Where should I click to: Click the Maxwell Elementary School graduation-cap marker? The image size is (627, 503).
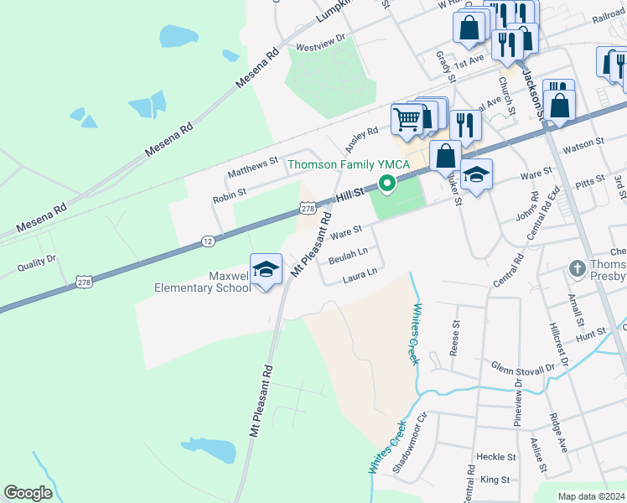coord(266,269)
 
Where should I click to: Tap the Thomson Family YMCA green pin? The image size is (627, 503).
coord(386,184)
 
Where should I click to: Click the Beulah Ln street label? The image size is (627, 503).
coord(348,252)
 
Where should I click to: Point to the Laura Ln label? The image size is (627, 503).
coord(360,272)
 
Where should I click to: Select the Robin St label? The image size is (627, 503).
coord(229,193)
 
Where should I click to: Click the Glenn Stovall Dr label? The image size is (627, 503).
coord(523,368)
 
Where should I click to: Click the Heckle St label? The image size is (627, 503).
coord(495,457)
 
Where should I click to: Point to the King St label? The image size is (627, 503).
coord(495,480)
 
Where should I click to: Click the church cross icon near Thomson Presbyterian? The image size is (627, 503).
coord(577,269)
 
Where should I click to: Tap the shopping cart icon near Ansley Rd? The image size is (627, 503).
coord(407,118)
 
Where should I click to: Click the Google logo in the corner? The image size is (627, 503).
coord(28,493)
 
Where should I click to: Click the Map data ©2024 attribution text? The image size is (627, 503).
coord(591,496)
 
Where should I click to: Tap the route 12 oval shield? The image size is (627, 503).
coord(207,241)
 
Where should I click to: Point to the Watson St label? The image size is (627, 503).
coord(588,143)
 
